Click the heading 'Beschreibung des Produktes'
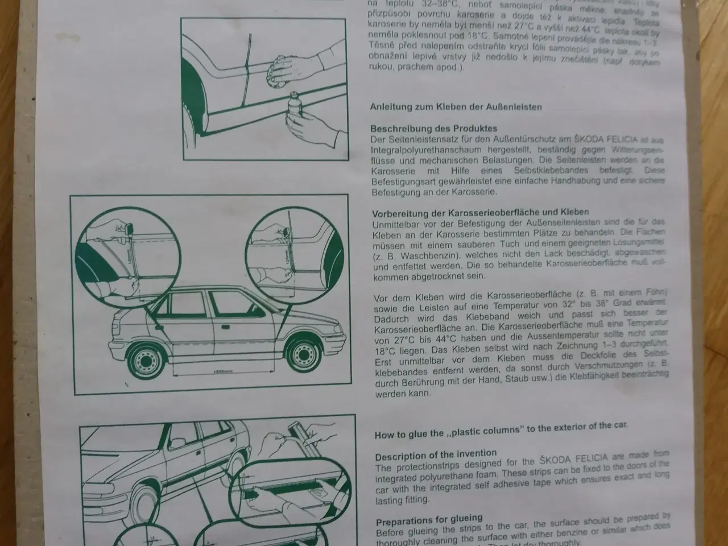pyautogui.click(x=434, y=129)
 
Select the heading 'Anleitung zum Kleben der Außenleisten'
pyautogui.click(x=456, y=106)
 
